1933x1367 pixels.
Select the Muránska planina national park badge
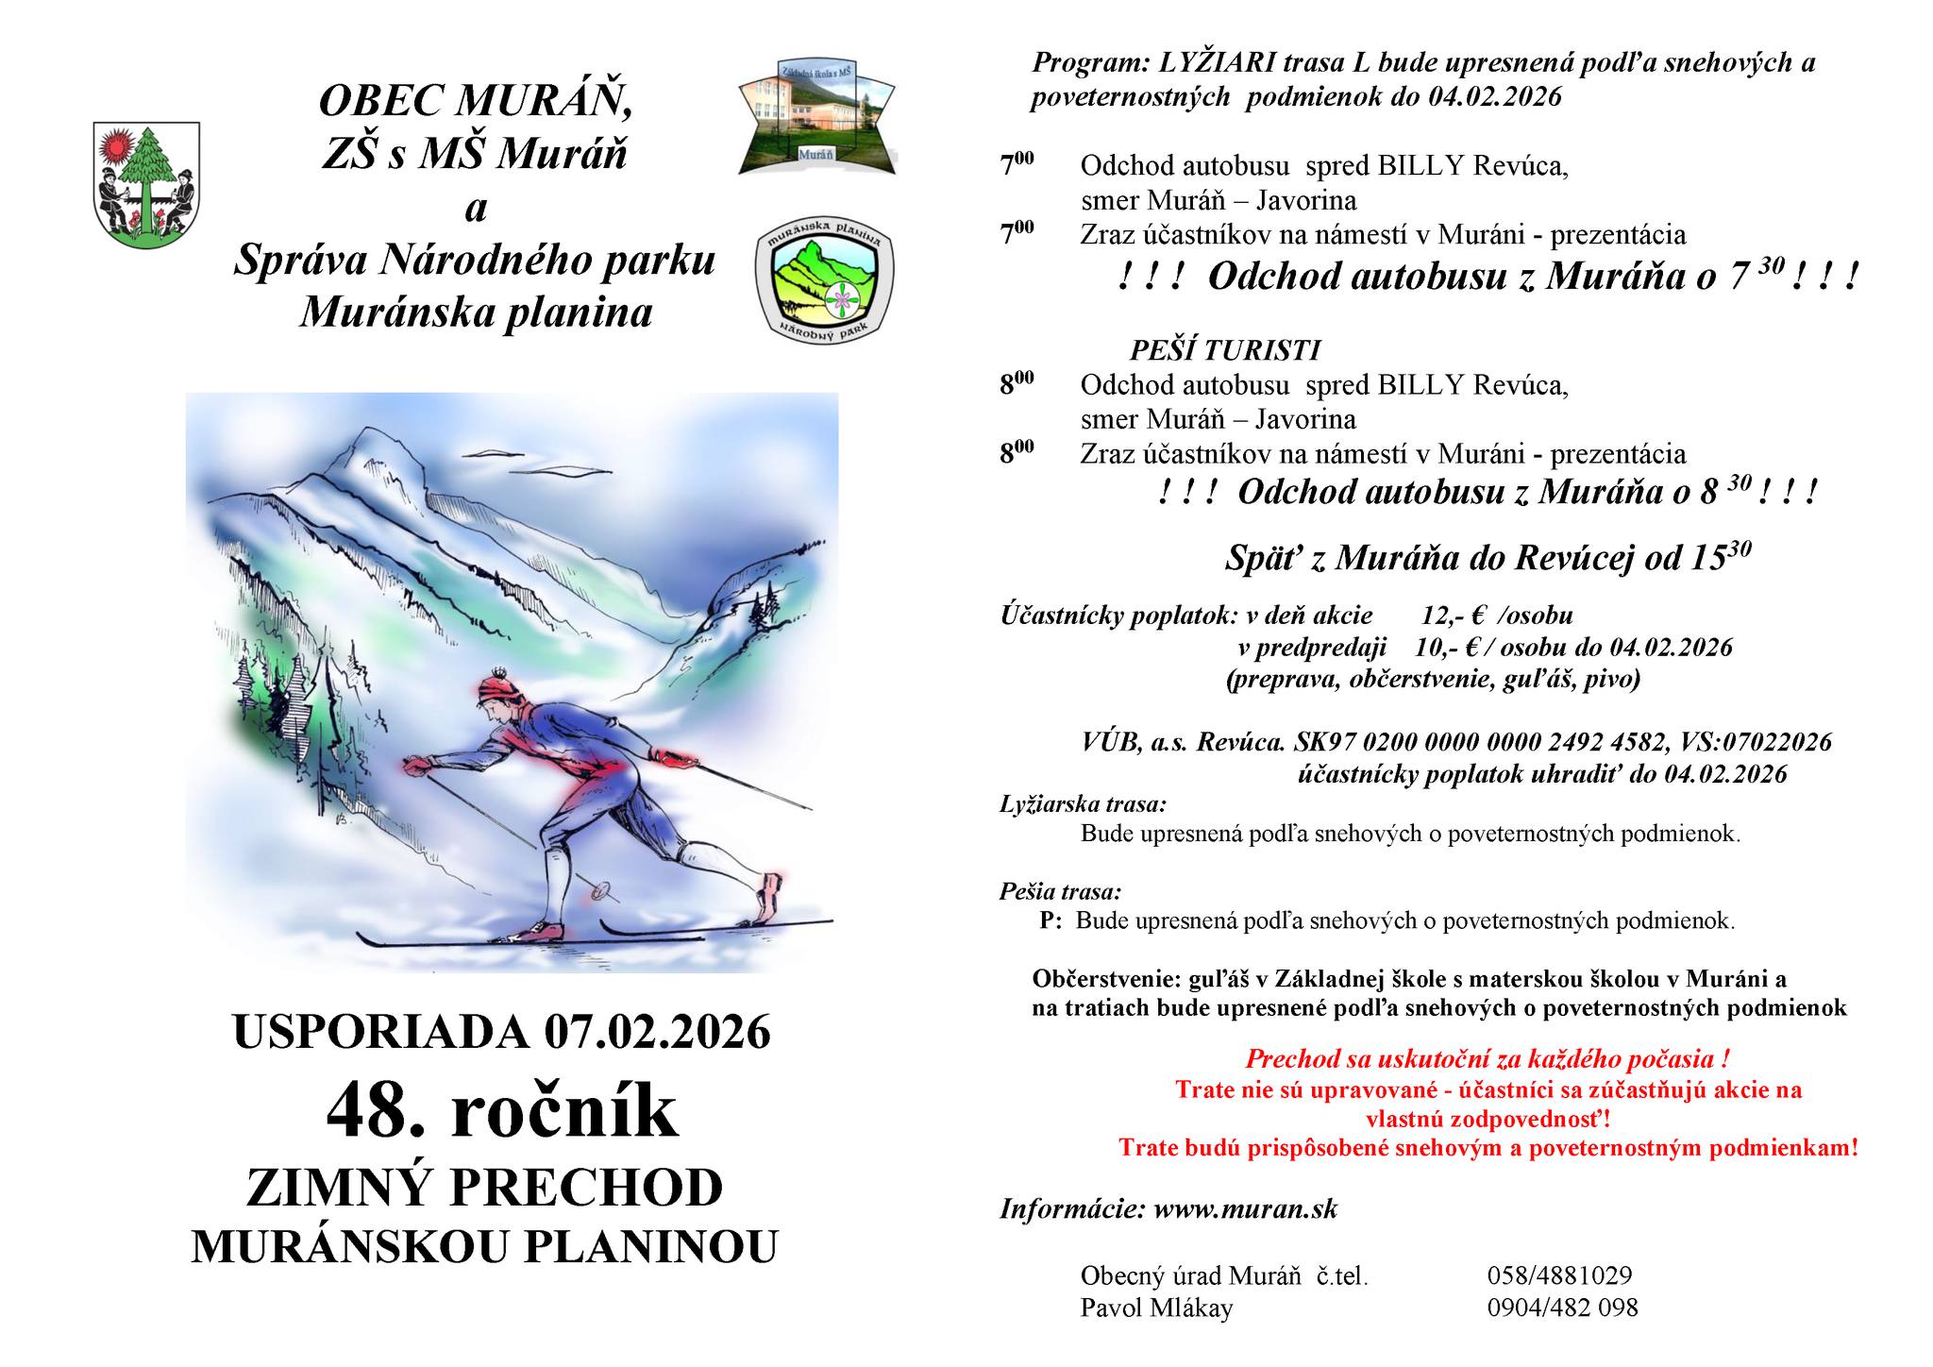click(825, 281)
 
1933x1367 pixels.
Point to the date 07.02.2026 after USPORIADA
click(657, 1032)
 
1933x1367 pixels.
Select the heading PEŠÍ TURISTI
click(1224, 350)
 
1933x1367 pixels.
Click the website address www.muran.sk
click(1245, 1209)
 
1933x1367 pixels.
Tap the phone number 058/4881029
click(1559, 1275)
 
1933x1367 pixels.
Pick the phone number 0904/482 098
click(1562, 1308)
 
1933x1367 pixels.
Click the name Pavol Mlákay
click(1156, 1308)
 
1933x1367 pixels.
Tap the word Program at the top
click(1086, 63)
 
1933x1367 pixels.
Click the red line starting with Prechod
click(1487, 1058)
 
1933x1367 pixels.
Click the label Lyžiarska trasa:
click(1083, 804)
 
